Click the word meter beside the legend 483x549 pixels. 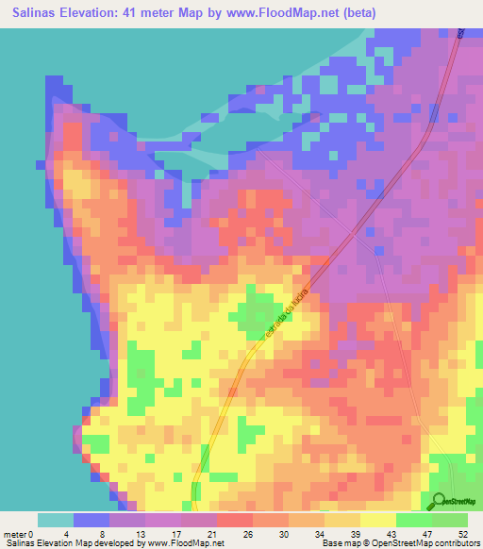(x=15, y=534)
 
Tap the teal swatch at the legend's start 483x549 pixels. (x=56, y=520)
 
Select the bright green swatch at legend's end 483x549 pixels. (x=450, y=520)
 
